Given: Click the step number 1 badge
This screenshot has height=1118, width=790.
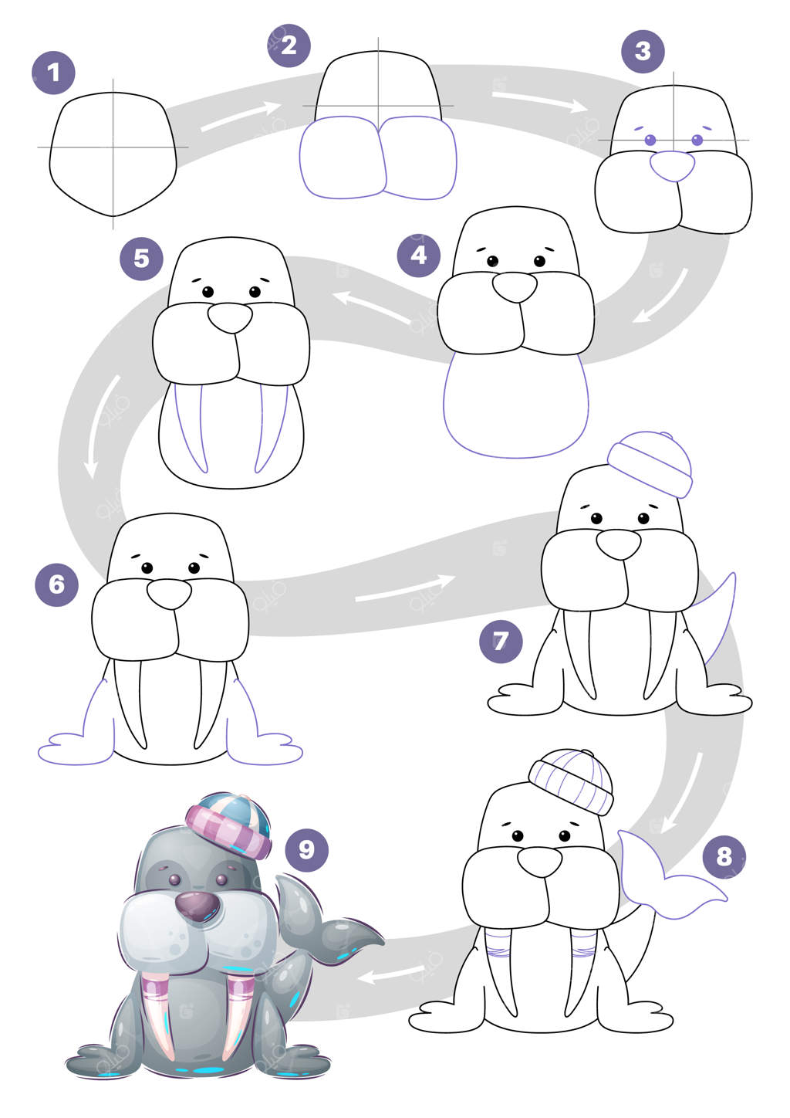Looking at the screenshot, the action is pos(53,73).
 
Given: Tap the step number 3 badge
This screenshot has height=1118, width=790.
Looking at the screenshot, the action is pos(643,52).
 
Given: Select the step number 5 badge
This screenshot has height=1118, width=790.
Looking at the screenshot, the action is pos(141,259).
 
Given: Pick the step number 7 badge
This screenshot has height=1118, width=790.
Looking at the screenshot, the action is pos(501,642).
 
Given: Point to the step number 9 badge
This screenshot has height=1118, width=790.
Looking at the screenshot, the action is pos(307,850).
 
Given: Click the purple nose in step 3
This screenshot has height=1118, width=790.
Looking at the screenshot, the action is pos(672,166).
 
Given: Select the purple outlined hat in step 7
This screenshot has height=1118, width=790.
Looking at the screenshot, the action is pos(650,464).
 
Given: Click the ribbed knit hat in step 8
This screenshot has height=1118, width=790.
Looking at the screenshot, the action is pos(571,781).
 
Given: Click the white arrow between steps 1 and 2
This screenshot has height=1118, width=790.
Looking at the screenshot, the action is pos(241,117).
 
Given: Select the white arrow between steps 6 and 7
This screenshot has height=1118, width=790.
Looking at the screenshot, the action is pos(405,588).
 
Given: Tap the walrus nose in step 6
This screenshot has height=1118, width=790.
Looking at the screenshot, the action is pos(170,594).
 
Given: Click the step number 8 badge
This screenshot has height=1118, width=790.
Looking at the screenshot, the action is pos(724,857).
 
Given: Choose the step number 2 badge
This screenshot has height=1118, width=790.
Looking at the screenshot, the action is pos(289,46).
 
